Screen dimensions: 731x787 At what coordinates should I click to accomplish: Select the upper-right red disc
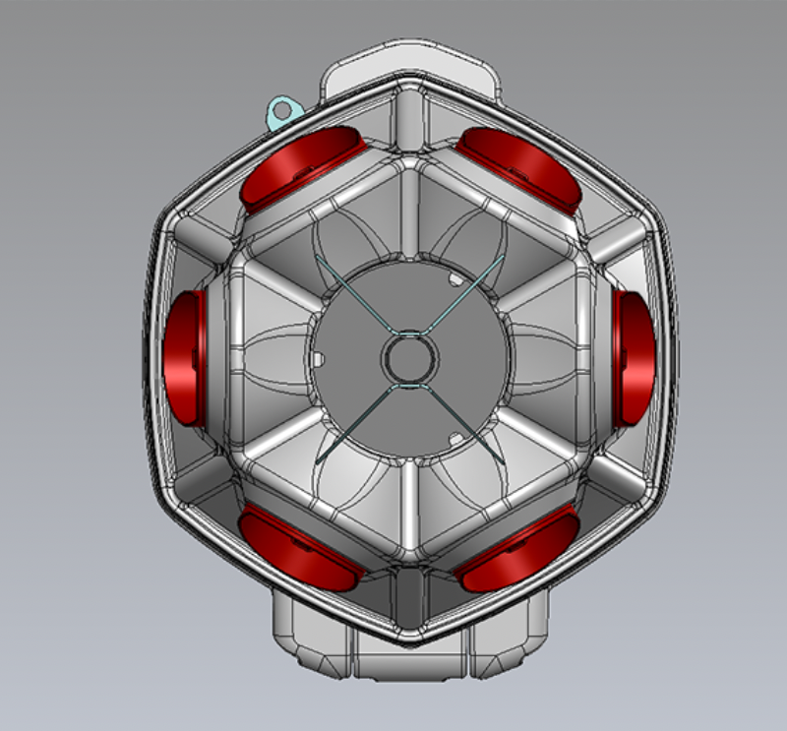coord(520,166)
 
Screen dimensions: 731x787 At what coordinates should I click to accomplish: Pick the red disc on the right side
coord(636,359)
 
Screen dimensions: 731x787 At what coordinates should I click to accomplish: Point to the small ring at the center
coord(407,358)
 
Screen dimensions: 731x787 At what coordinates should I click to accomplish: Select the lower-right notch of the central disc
coord(454,435)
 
